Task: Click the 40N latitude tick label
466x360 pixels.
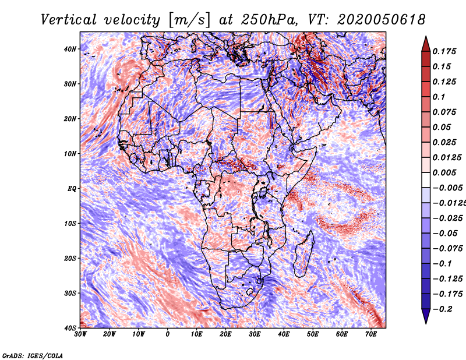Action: [70, 49]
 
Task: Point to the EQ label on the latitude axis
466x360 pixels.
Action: [72, 189]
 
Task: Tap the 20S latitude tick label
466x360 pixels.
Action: [70, 258]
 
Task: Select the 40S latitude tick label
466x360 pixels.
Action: [70, 328]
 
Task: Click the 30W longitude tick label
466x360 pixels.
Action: [80, 334]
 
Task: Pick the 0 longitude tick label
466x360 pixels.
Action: [168, 334]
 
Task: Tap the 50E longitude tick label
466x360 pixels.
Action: [313, 334]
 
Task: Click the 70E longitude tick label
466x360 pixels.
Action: [370, 334]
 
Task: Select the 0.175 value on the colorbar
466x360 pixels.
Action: [444, 51]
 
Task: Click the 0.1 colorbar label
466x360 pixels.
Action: [439, 97]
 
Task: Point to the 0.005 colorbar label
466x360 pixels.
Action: [444, 172]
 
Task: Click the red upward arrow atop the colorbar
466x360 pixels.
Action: [426, 44]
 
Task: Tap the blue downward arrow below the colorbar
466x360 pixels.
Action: [426, 316]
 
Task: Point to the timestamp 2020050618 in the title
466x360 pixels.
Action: [382, 20]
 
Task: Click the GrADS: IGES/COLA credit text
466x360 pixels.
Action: [33, 355]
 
